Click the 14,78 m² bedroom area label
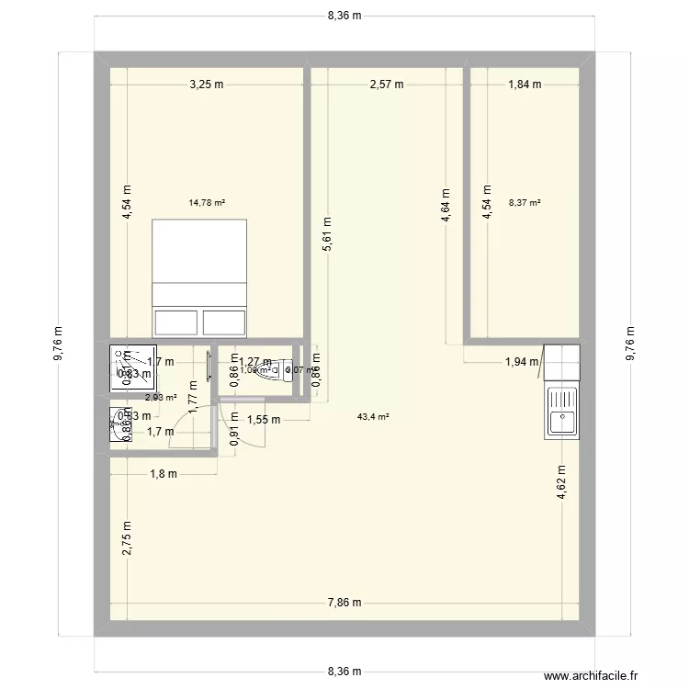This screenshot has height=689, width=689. tap(207, 203)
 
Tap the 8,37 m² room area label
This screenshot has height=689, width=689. tap(525, 203)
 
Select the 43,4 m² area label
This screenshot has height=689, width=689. tap(373, 416)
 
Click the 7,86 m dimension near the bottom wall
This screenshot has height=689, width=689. tap(344, 604)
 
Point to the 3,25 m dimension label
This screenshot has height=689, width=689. tap(207, 85)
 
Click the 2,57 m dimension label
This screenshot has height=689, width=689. tap(386, 85)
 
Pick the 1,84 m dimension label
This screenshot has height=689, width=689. tap(525, 85)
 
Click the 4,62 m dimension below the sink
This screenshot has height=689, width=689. tap(561, 481)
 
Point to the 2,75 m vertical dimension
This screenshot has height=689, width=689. tap(127, 539)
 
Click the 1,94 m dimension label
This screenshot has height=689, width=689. tap(522, 361)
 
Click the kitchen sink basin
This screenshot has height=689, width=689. tap(561, 421)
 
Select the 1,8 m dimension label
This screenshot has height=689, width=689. tap(163, 474)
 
